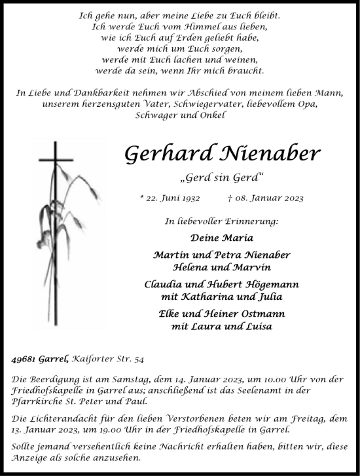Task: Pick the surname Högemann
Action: click(x=263, y=285)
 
